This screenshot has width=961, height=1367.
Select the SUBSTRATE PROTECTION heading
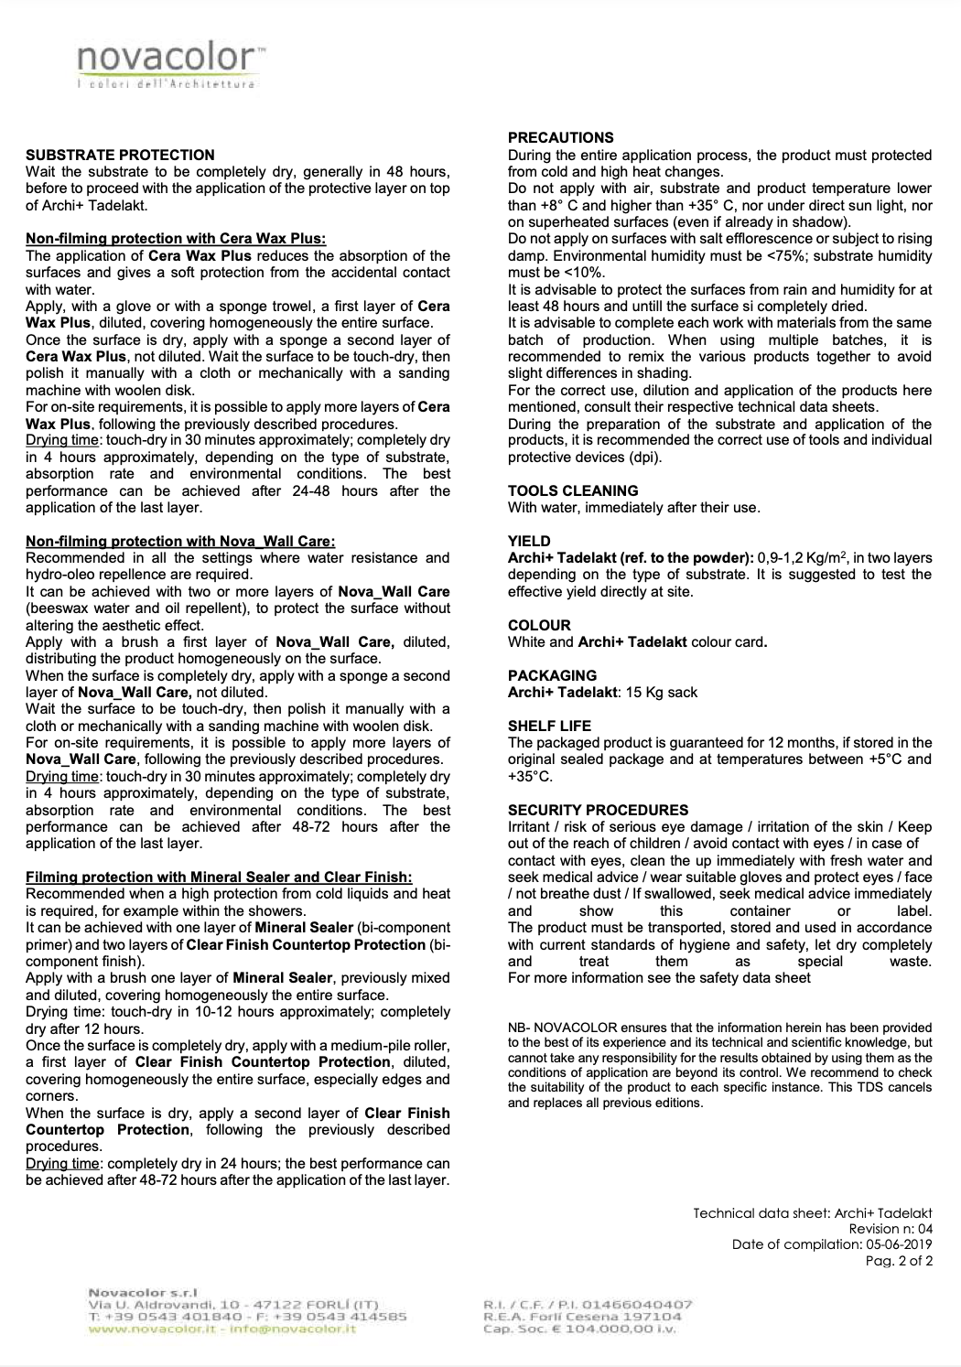[120, 156]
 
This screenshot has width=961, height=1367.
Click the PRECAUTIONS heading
[560, 138]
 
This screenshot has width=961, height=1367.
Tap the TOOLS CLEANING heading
[573, 490]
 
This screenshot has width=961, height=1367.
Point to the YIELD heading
[529, 541]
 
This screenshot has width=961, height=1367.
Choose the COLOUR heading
[539, 625]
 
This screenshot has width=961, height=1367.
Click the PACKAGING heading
[552, 675]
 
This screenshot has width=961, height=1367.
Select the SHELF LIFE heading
[549, 726]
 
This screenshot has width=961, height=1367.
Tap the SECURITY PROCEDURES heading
[598, 810]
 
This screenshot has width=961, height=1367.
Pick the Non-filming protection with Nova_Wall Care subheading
[180, 542]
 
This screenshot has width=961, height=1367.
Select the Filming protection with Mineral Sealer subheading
[219, 877]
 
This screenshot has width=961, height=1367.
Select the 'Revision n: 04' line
[891, 1229]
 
